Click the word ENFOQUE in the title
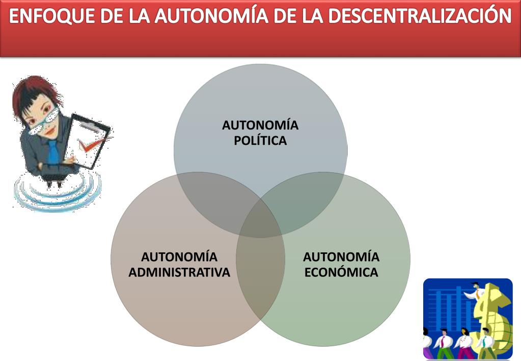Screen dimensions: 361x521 [41, 17]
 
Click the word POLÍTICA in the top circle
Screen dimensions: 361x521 [260, 141]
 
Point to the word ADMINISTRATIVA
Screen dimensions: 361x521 [179, 272]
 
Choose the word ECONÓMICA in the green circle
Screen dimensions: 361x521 [341, 272]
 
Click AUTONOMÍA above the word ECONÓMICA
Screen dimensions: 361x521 [341, 256]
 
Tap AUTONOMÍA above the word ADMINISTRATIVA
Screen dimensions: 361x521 [179, 256]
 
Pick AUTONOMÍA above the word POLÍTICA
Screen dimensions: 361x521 [260, 125]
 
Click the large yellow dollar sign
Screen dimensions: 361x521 [491, 311]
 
